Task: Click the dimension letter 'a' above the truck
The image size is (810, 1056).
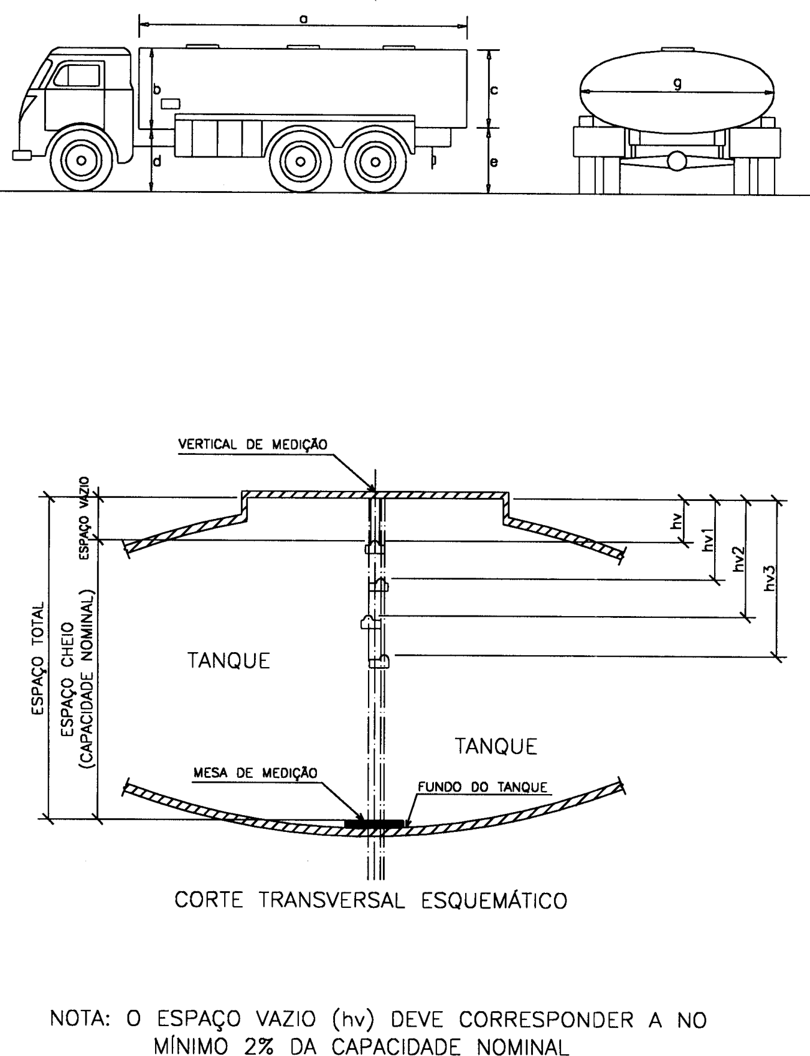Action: [303, 19]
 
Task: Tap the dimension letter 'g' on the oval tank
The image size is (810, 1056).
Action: [676, 86]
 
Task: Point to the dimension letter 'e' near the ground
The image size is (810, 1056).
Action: [493, 162]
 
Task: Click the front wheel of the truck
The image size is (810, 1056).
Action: [81, 160]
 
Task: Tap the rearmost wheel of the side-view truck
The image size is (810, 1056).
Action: [374, 161]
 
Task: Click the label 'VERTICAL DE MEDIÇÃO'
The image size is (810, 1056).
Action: [252, 444]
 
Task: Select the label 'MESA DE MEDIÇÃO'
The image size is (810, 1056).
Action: [255, 773]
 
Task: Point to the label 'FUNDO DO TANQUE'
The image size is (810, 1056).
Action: [482, 787]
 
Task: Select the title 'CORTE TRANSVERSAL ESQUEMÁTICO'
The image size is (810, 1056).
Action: [371, 900]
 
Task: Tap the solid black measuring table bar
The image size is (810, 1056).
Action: [374, 824]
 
